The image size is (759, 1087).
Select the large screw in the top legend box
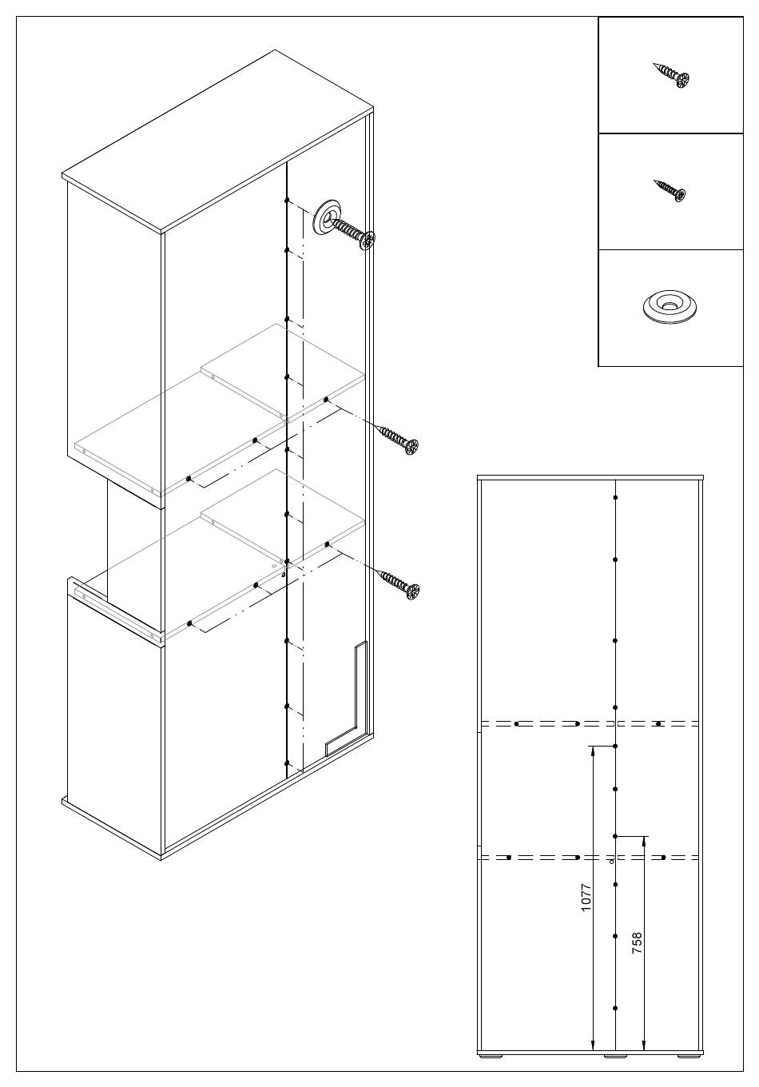click(x=672, y=75)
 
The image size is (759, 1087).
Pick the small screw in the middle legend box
click(x=670, y=189)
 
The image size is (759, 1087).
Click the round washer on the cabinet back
click(x=328, y=218)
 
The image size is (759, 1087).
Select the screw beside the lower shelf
click(x=399, y=585)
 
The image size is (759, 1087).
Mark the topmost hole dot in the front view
click(x=615, y=498)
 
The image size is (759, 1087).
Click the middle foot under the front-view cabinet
click(x=615, y=1053)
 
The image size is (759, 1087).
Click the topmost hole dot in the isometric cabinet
click(x=287, y=200)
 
